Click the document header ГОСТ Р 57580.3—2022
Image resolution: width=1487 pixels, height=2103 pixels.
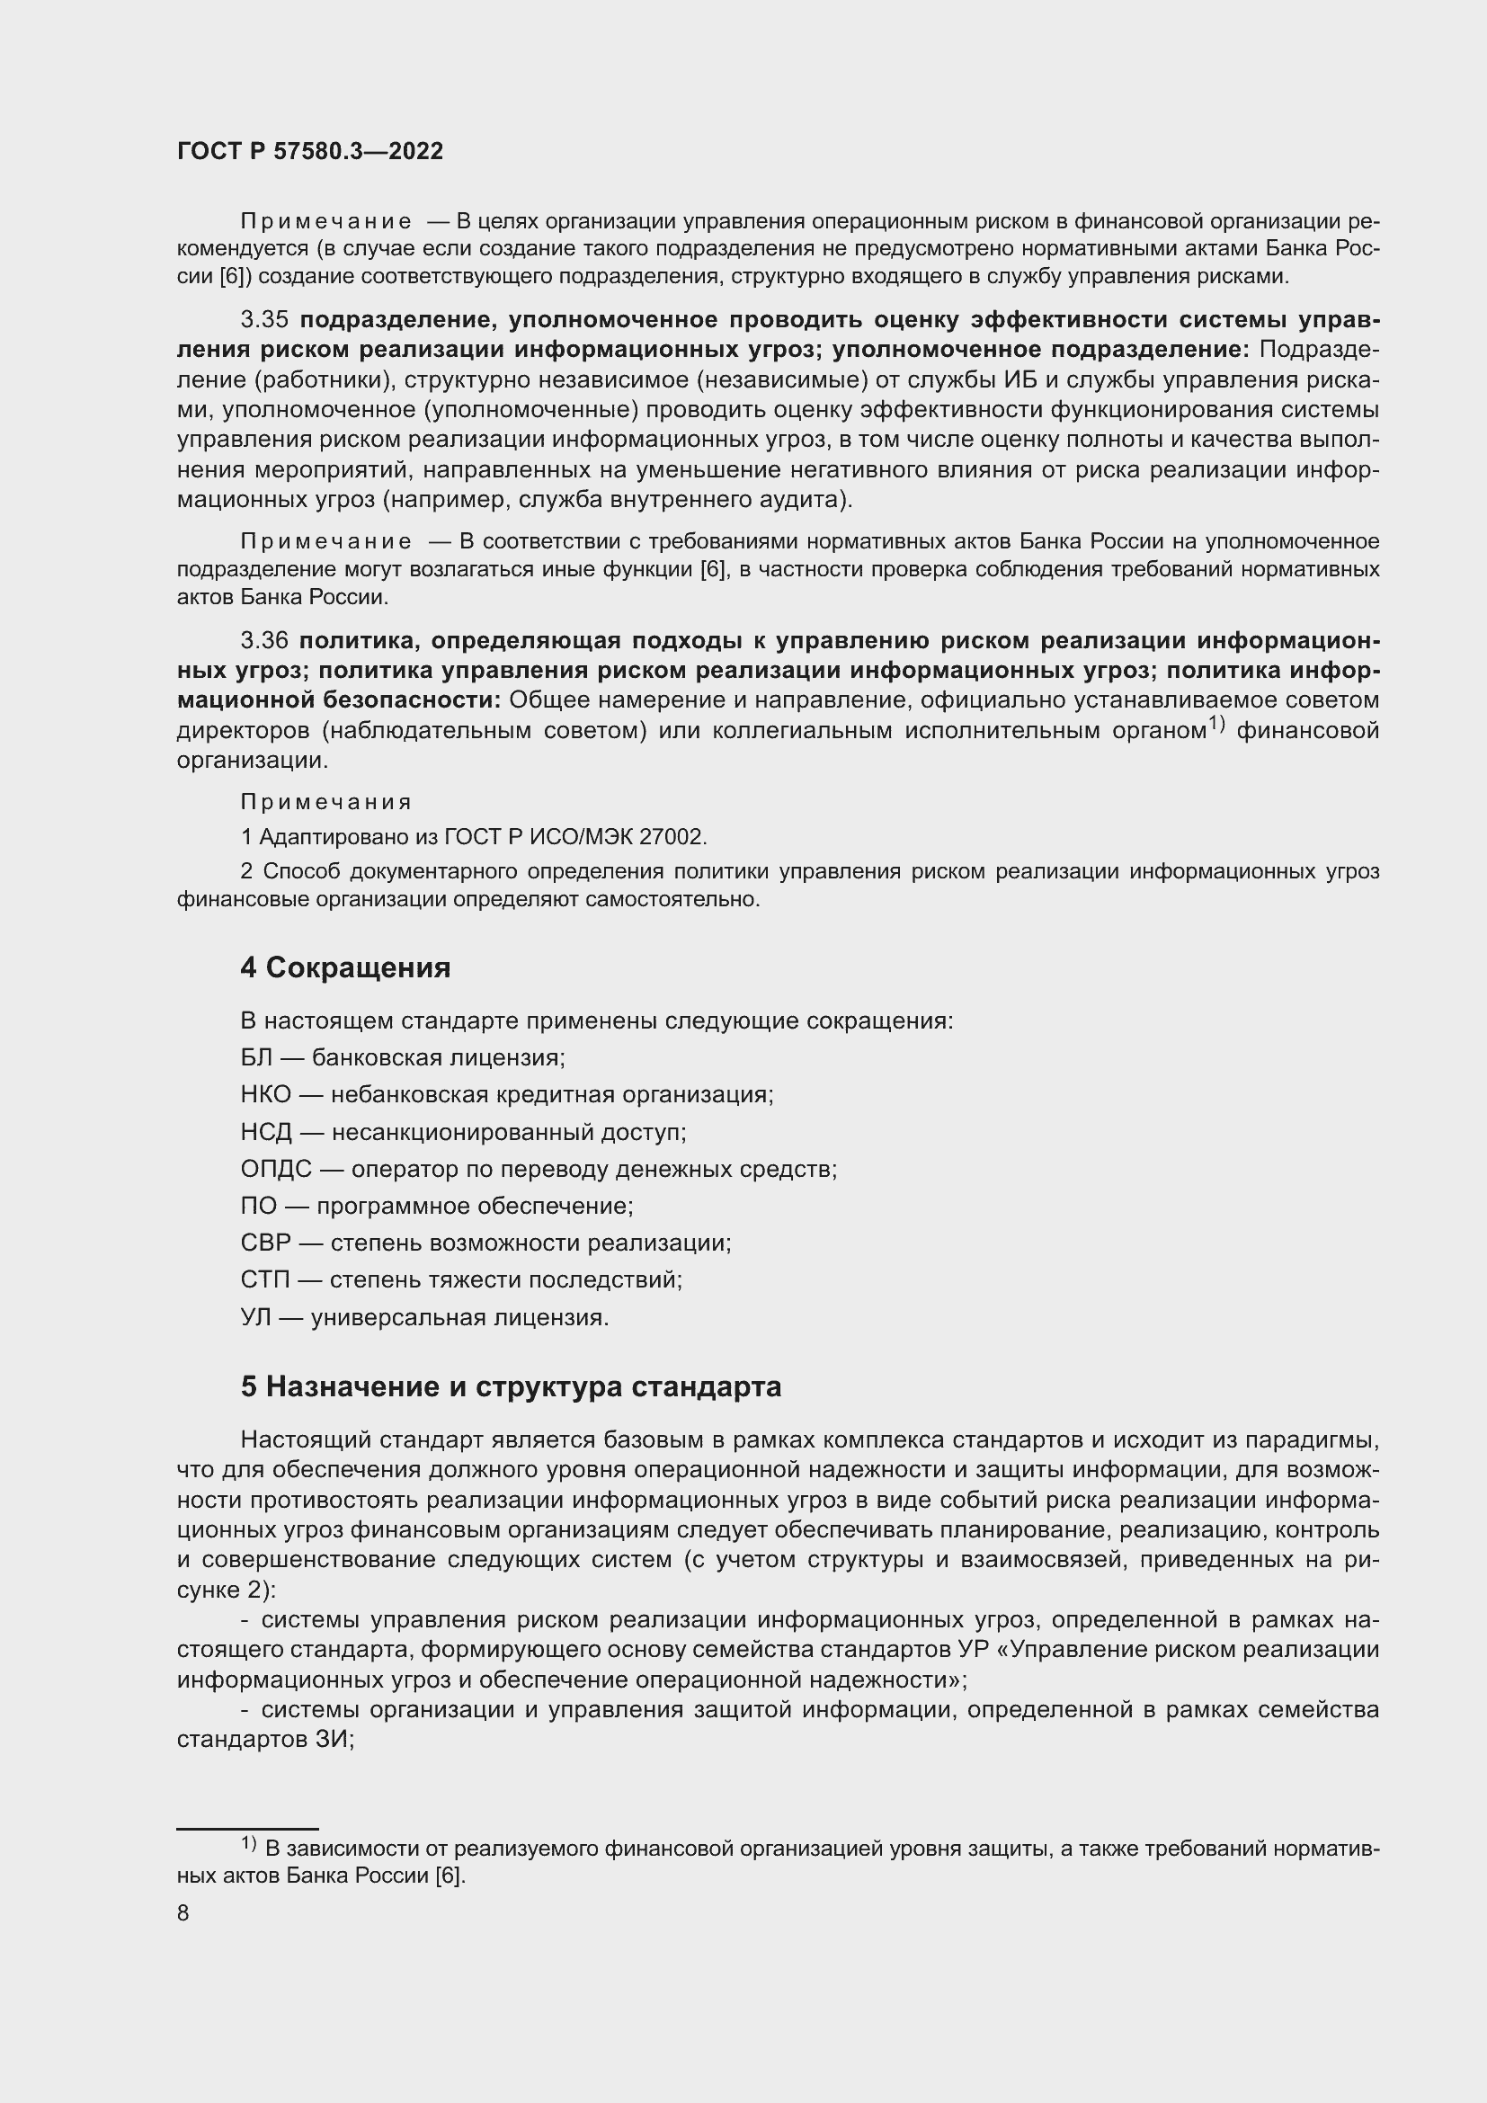point(309,152)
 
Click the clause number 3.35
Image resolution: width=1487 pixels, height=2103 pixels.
point(263,320)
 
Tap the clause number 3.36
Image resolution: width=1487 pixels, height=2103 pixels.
point(263,640)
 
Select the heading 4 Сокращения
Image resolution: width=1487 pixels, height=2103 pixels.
point(345,968)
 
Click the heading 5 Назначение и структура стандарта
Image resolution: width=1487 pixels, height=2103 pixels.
point(510,1386)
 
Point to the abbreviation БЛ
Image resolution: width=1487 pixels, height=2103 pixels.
point(256,1058)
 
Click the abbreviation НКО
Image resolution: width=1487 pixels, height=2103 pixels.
point(264,1094)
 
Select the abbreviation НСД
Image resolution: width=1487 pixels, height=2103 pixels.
point(265,1132)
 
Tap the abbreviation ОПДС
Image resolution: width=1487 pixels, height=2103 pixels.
point(276,1170)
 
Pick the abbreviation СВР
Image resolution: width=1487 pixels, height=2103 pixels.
point(264,1243)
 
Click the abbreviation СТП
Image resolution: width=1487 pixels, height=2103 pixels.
point(264,1279)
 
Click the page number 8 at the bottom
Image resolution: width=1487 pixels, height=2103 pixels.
point(183,1913)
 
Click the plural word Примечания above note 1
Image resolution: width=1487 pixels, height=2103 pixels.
point(326,802)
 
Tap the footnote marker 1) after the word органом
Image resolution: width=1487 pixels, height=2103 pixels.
point(1215,724)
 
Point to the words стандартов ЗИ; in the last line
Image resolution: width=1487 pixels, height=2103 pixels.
point(265,1740)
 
